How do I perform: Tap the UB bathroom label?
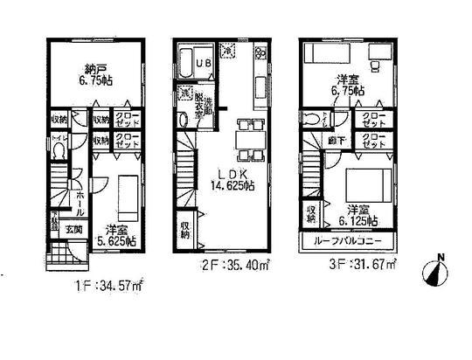click(204, 65)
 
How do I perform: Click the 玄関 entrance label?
click(74, 231)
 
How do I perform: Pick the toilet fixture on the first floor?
click(58, 153)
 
